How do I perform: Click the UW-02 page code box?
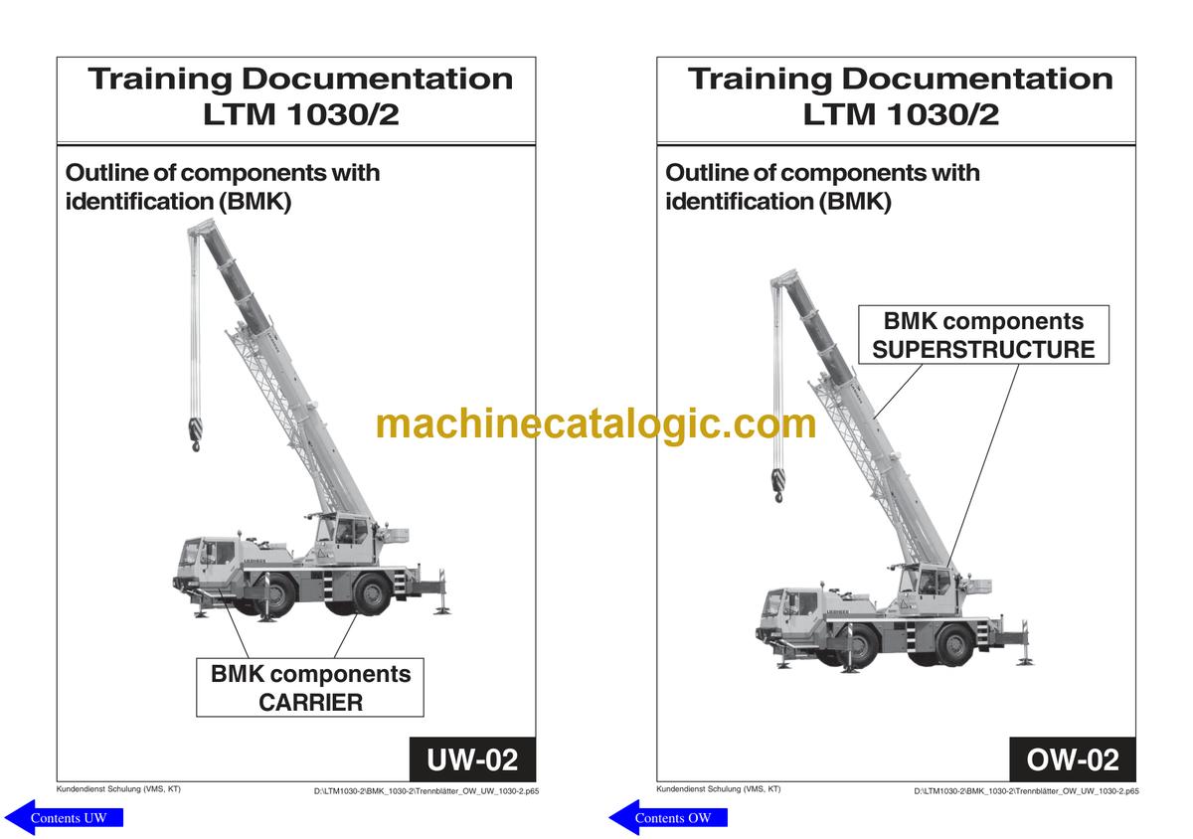coord(472,759)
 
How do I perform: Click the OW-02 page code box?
coord(1073,759)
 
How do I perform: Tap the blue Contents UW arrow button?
coord(64,817)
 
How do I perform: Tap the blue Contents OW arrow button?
coord(668,817)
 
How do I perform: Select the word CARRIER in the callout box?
coord(310,702)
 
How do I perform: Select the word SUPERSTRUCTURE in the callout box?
coord(983,350)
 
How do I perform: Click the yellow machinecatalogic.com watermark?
coord(596,424)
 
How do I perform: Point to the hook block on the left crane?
coord(195,433)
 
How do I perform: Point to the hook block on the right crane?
coord(778,485)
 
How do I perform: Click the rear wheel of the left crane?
coord(372,594)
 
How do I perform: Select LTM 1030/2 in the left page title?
coord(301,114)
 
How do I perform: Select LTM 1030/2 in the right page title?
coord(901,114)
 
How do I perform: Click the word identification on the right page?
coord(740,202)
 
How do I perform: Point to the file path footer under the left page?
coord(426,791)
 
